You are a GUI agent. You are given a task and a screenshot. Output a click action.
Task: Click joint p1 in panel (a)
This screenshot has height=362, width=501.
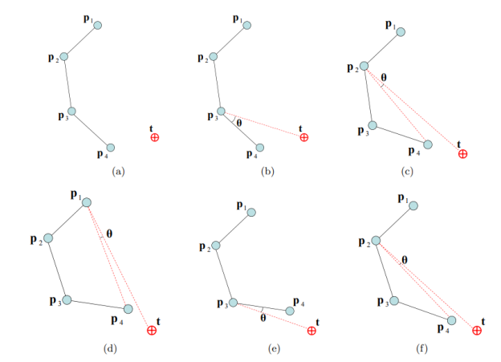click(x=98, y=25)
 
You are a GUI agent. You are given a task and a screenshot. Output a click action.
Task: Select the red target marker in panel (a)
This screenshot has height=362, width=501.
click(x=155, y=137)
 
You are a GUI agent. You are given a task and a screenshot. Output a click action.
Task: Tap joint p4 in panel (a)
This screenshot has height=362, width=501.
click(x=111, y=148)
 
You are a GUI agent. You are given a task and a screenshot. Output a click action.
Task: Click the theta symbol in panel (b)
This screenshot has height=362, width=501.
click(x=239, y=123)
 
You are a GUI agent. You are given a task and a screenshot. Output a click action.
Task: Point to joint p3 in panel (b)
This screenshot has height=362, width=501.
click(x=221, y=112)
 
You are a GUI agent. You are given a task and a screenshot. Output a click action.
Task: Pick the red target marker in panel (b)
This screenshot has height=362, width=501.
click(x=304, y=137)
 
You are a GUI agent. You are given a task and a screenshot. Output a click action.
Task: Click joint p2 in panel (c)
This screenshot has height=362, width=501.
click(x=364, y=66)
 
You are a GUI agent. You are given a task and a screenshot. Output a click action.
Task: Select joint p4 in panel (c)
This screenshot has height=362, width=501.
click(x=428, y=144)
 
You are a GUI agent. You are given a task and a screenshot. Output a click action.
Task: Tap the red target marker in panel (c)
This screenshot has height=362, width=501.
click(x=462, y=154)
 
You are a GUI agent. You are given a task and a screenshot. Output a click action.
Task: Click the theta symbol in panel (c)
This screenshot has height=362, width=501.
click(x=384, y=77)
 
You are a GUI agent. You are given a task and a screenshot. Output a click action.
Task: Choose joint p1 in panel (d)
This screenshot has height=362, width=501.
click(x=87, y=202)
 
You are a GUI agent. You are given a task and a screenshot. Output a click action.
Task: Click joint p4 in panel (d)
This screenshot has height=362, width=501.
click(x=128, y=309)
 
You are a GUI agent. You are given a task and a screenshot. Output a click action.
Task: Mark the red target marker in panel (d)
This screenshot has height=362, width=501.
click(x=152, y=330)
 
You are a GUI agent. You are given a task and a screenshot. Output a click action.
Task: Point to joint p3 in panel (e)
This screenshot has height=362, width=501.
click(x=234, y=303)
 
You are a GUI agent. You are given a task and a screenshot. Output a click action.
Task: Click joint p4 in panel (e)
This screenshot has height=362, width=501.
click(x=290, y=311)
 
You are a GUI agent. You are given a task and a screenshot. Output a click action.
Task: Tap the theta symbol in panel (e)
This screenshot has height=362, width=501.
click(x=263, y=318)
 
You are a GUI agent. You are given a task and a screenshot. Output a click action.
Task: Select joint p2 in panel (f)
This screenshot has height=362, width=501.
click(x=376, y=241)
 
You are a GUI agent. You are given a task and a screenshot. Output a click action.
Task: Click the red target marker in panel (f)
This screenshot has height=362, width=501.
click(x=477, y=331)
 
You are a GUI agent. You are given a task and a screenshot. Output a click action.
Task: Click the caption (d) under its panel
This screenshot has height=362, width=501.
click(x=110, y=348)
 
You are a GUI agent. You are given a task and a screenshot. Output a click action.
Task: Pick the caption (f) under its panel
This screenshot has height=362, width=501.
click(x=422, y=348)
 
